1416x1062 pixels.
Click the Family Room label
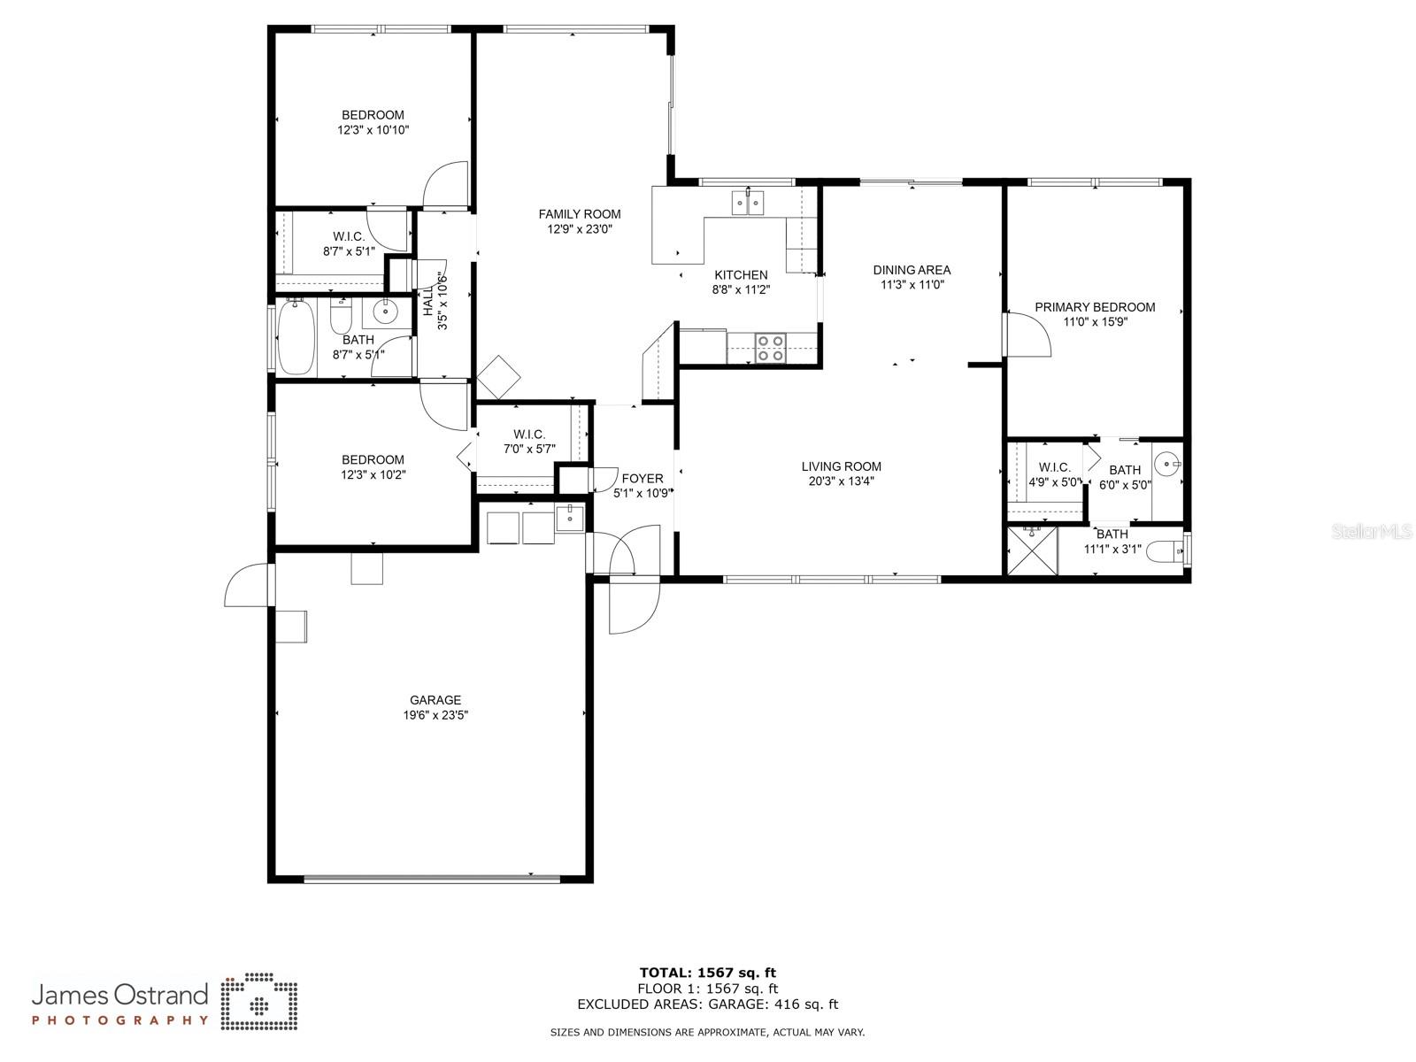tap(580, 214)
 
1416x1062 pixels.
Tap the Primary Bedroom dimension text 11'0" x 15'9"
tap(1095, 322)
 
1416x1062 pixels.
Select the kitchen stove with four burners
tap(771, 348)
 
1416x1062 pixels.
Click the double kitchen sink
tap(748, 203)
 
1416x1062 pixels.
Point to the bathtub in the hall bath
tap(296, 336)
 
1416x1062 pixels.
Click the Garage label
tap(435, 700)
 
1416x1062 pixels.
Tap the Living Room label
tap(842, 466)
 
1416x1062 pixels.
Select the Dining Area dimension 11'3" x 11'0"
tap(912, 284)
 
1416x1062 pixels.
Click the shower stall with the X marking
tap(1032, 550)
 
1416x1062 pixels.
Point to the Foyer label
tap(643, 479)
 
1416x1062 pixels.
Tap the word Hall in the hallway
tap(428, 301)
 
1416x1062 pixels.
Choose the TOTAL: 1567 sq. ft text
tap(708, 973)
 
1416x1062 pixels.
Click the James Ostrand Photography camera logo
tap(259, 1002)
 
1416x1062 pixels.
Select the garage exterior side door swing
tap(247, 584)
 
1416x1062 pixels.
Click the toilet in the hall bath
tap(341, 315)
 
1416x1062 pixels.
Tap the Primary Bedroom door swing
tap(1027, 334)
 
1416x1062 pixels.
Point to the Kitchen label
tap(741, 274)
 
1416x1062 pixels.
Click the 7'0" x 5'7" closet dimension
tap(529, 449)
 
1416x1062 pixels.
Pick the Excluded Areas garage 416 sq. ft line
tap(708, 1004)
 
